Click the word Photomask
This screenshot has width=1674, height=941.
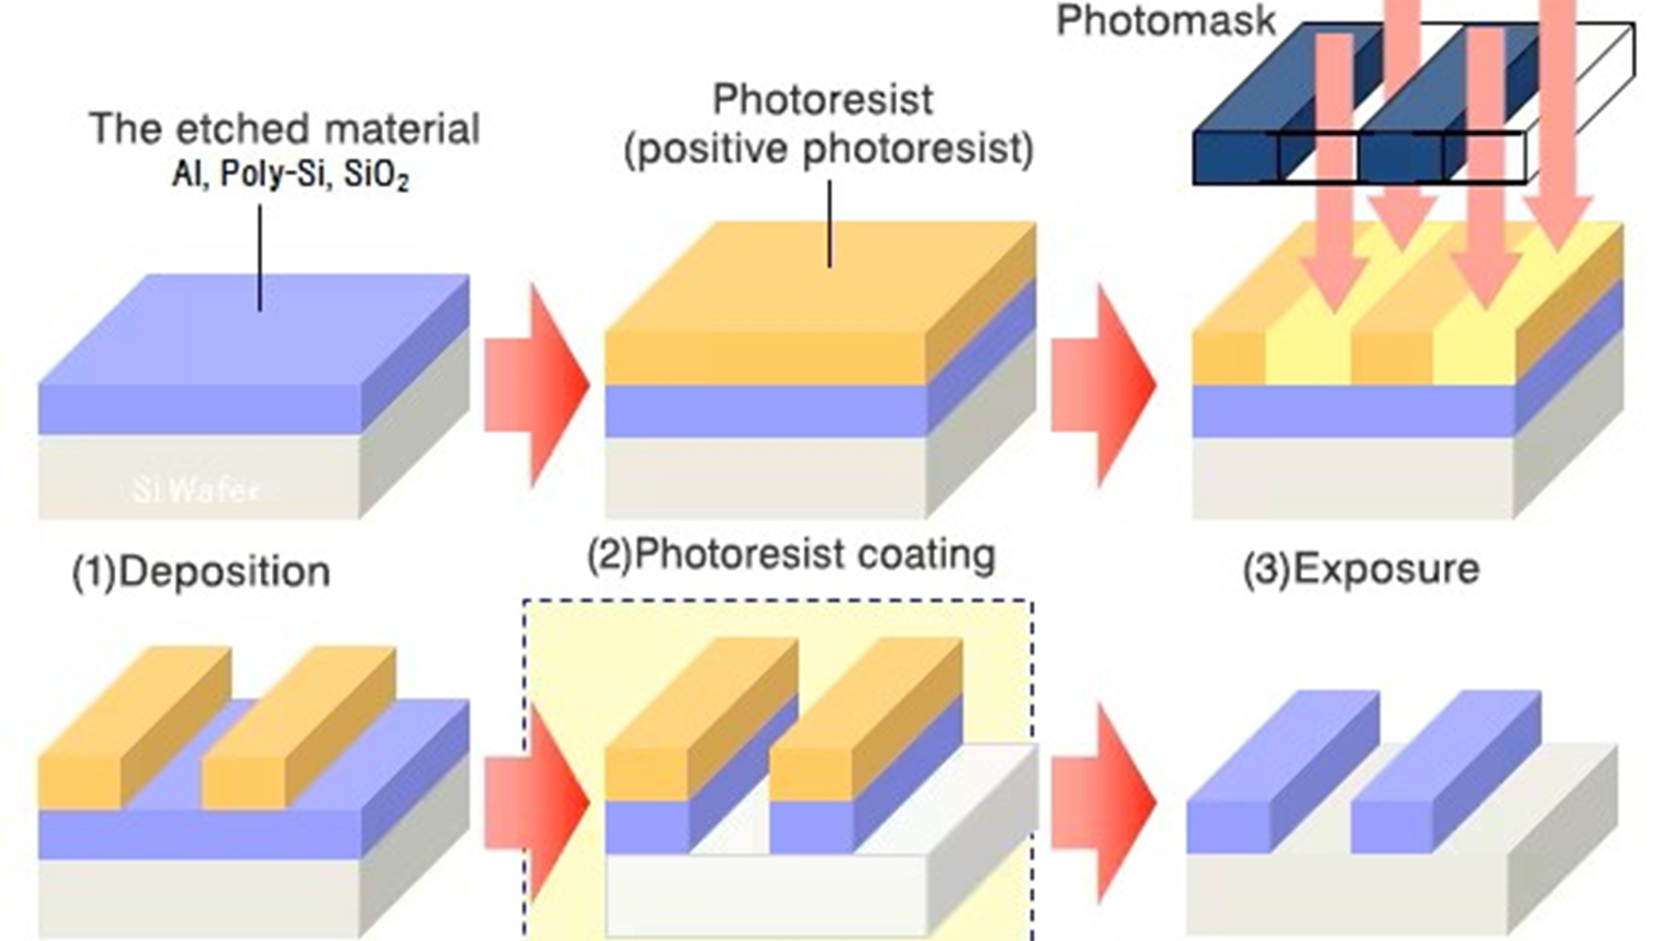pyautogui.click(x=1165, y=21)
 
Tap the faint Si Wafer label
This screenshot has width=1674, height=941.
pyautogui.click(x=195, y=490)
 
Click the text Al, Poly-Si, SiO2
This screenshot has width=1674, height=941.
pyautogui.click(x=290, y=174)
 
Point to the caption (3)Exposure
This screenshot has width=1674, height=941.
pyautogui.click(x=1361, y=569)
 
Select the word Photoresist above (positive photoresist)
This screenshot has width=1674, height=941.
pyautogui.click(x=823, y=100)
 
